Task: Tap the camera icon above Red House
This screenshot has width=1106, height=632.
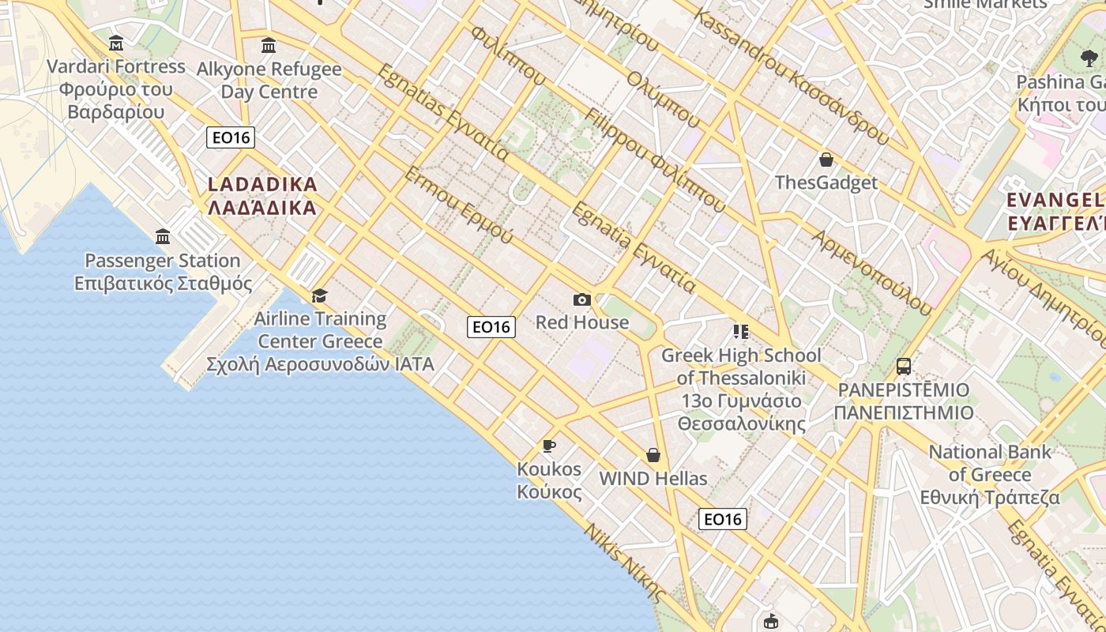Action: [582, 299]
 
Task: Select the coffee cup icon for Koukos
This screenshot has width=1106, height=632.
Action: [549, 446]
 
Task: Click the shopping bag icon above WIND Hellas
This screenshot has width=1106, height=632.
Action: [653, 455]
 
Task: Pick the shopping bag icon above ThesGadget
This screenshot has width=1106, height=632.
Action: [826, 160]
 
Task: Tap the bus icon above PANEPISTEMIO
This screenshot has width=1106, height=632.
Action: [904, 367]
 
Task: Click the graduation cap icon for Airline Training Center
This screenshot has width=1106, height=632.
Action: [319, 295]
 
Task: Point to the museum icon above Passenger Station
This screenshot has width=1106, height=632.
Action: [163, 236]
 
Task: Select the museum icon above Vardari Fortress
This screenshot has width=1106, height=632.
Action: [116, 43]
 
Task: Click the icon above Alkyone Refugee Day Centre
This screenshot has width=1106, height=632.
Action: [269, 45]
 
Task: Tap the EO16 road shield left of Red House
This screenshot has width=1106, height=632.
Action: [491, 326]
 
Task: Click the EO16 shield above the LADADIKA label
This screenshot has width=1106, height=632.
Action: [231, 137]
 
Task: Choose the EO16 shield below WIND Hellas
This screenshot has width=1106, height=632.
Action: [723, 519]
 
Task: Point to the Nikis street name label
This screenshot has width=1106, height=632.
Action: [624, 562]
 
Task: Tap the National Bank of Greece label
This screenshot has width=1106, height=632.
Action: [990, 474]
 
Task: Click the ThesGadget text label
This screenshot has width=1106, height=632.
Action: [826, 183]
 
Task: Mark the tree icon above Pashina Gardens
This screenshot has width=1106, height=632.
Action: [1089, 58]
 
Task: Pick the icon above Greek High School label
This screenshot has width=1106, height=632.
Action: [740, 332]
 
